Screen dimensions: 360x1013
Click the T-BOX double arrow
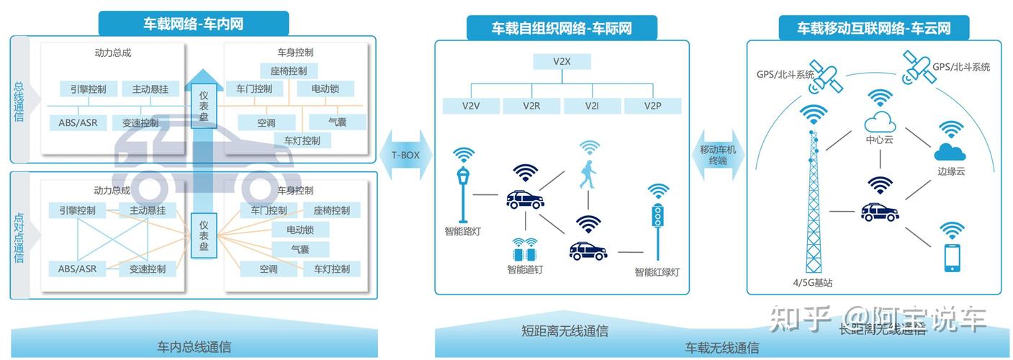[x=405, y=155]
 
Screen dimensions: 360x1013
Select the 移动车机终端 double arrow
[x=718, y=155]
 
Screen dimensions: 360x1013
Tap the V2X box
[x=562, y=61]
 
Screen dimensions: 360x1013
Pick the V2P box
[x=652, y=106]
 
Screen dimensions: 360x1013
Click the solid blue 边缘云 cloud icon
[x=950, y=152]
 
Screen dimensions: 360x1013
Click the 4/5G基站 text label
[x=812, y=283]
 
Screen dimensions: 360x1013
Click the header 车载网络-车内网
[x=192, y=24]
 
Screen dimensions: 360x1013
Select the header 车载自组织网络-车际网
[x=562, y=28]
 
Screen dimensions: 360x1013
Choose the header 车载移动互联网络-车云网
[x=873, y=28]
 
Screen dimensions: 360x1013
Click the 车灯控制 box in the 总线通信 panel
[x=302, y=140]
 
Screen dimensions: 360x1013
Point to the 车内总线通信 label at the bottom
[x=194, y=346]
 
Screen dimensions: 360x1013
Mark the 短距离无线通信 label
[x=564, y=331]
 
